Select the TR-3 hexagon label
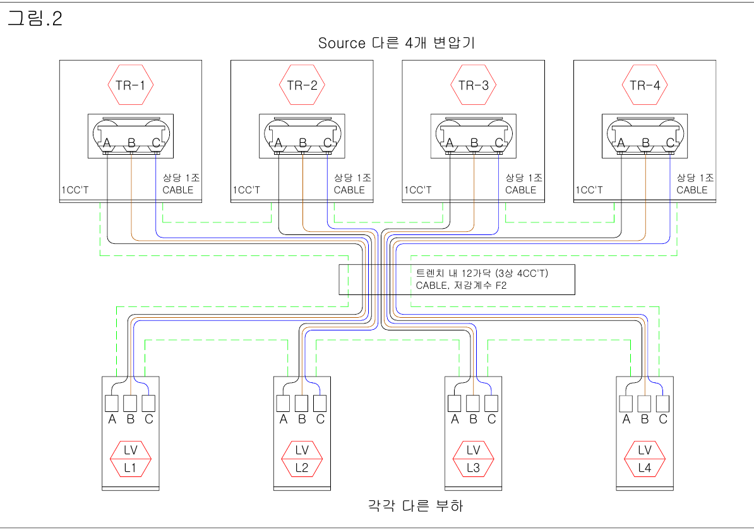tap(473, 85)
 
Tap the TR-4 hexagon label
tap(645, 85)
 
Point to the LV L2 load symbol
tap(301, 459)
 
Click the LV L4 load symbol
tap(644, 459)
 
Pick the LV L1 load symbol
tap(131, 459)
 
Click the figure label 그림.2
tap(35, 19)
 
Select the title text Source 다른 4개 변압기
tap(396, 43)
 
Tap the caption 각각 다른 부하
tap(415, 505)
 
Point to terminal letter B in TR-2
tap(302, 143)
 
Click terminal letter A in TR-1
tap(107, 143)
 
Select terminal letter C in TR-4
tap(670, 143)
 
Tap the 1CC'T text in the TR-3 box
tap(419, 190)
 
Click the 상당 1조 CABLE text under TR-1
tap(181, 184)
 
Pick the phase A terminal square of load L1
tap(112, 402)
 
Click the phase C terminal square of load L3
tap(491, 402)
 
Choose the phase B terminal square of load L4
tap(644, 402)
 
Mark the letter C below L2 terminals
tap(320, 419)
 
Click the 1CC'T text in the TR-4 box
tap(590, 190)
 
